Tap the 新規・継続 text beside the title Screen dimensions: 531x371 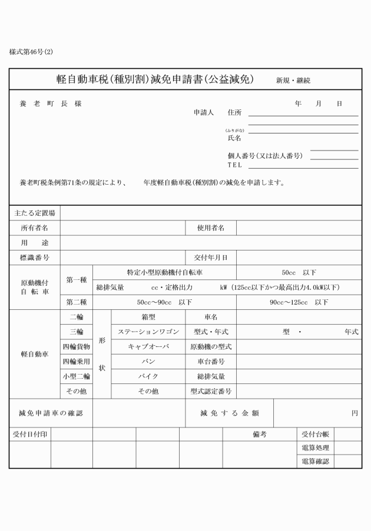293,80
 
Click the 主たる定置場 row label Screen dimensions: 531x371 34,212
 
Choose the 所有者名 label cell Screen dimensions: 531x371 34,228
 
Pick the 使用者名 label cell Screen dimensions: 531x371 211,228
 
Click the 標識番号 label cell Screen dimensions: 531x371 34,258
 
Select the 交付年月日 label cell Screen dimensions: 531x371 211,258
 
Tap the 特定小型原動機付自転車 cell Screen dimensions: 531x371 165,272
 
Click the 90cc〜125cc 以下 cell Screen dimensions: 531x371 299,302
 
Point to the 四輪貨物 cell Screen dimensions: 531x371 77,347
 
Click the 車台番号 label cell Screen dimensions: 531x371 211,362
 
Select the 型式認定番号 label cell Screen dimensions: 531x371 211,391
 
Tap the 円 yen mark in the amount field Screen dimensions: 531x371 355,413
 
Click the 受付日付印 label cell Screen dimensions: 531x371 30,434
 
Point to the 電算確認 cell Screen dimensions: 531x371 315,462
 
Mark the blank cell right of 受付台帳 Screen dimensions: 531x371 347,434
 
